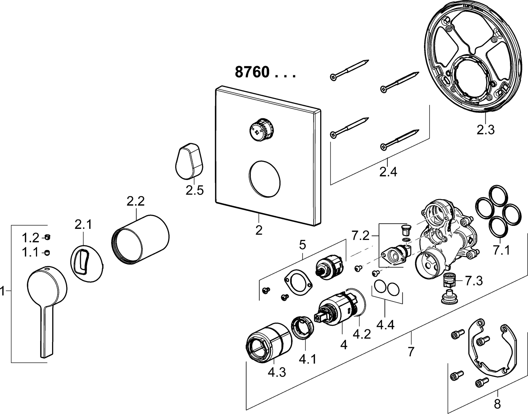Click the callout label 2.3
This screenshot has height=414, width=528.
(485, 129)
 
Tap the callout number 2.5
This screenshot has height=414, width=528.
(194, 190)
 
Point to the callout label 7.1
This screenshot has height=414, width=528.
(501, 251)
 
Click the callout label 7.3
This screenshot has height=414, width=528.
(474, 281)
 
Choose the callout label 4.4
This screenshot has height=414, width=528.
(385, 325)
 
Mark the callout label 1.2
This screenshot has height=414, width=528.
(30, 238)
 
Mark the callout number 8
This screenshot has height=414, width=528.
(497, 404)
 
